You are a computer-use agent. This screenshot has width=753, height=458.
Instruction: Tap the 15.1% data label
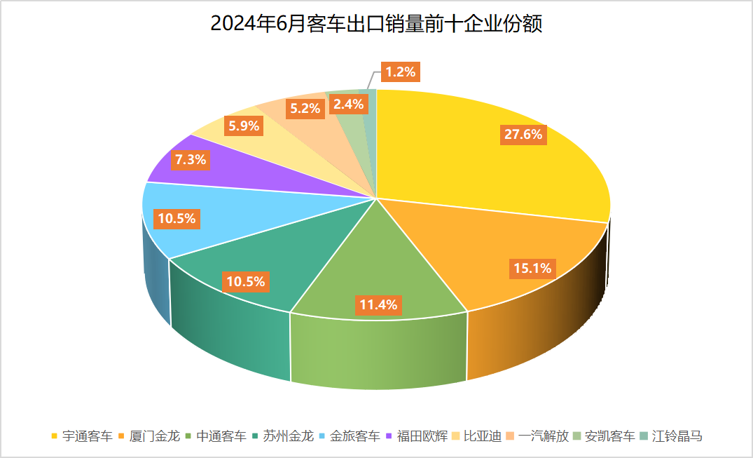[x=532, y=268]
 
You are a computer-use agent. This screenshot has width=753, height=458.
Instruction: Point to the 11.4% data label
[x=378, y=304]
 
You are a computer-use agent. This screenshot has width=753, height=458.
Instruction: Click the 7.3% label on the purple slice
[x=191, y=159]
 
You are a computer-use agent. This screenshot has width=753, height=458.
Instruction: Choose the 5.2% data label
[x=305, y=108]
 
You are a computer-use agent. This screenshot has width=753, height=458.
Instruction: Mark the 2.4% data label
[x=348, y=105]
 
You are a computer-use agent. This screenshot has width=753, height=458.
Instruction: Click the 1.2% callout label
[x=401, y=71]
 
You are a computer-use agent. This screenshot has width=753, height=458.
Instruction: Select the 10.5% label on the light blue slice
[x=177, y=219]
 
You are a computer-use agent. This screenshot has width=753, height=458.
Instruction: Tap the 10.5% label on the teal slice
[x=245, y=282]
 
